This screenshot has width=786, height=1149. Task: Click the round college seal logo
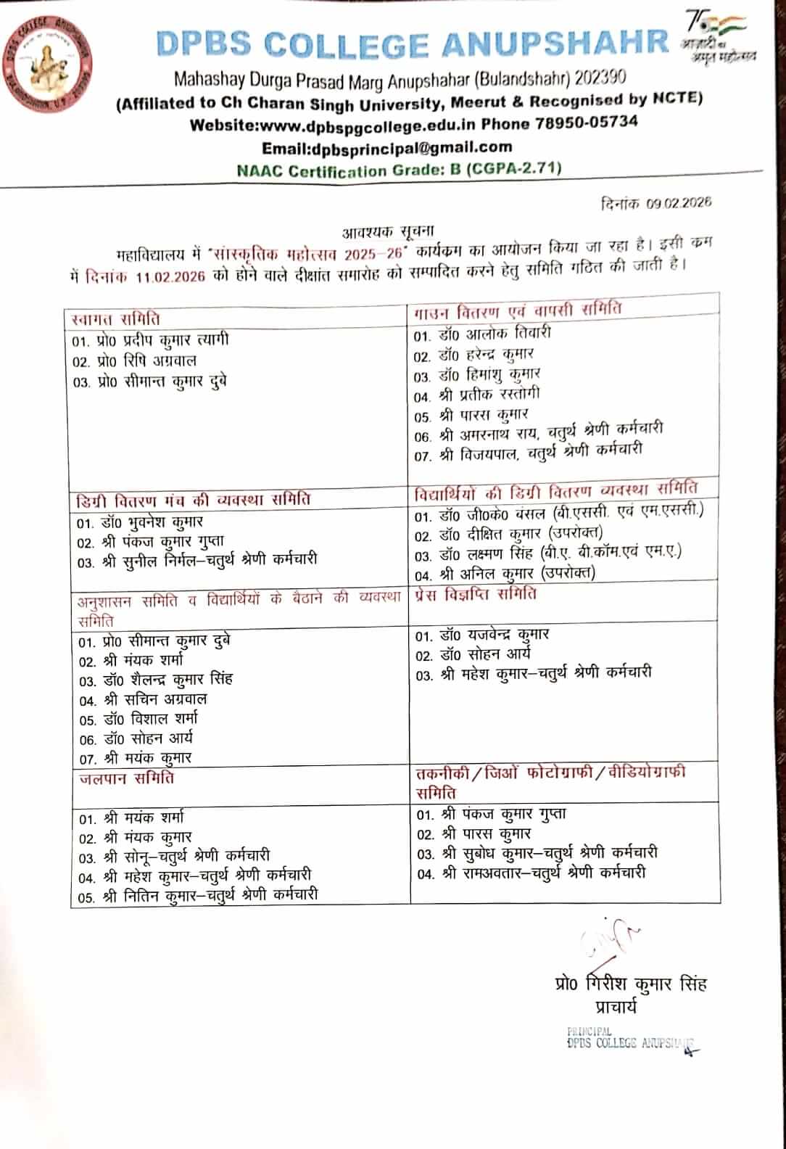(x=51, y=63)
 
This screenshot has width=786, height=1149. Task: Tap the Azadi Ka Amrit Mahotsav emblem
(x=718, y=36)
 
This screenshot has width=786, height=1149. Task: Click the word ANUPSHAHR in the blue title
(x=555, y=43)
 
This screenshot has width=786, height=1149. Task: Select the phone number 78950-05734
(x=587, y=122)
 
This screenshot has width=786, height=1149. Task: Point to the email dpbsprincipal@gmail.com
(x=410, y=147)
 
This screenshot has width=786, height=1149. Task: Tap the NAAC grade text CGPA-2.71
(x=514, y=168)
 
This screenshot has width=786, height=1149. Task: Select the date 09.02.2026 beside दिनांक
(x=679, y=202)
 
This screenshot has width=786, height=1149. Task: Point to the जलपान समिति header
(x=126, y=778)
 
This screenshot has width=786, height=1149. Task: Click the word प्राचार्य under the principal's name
(x=615, y=1006)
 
